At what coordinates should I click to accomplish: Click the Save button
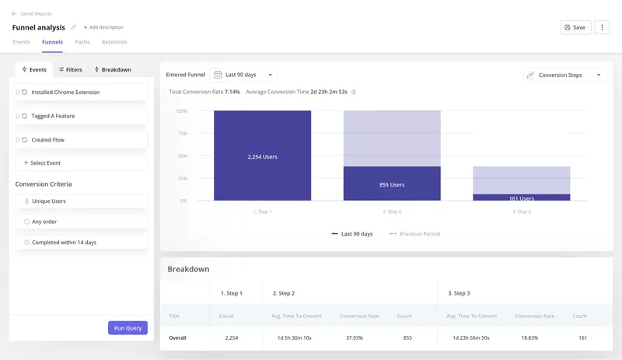pos(575,27)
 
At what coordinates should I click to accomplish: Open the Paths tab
pos(82,42)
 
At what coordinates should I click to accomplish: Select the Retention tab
pos(114,42)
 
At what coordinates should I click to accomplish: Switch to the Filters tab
pos(71,69)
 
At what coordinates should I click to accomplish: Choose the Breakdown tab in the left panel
pos(113,69)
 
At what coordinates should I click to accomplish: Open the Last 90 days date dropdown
pos(243,75)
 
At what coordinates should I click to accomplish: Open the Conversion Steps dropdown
pos(564,75)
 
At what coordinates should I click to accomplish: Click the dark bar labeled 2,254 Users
pos(262,156)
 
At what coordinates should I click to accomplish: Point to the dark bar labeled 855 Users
pos(392,184)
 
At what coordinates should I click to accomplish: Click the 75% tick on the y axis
pos(181,134)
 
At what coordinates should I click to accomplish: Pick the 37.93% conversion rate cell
pos(360,337)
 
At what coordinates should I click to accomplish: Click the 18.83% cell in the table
pos(534,337)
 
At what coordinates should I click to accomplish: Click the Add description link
pos(103,27)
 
